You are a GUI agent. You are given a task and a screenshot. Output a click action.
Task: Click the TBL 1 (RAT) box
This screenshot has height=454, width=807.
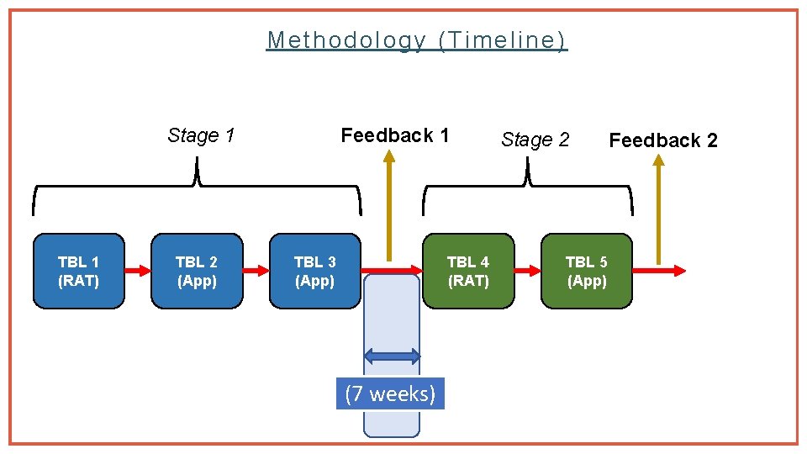[x=78, y=272]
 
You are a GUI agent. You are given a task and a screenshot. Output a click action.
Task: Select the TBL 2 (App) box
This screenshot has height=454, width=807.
[x=197, y=272]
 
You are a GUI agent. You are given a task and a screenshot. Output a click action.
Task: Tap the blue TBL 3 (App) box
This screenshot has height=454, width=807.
[x=314, y=272]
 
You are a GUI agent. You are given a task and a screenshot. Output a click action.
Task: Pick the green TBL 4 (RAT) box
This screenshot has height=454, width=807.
[x=468, y=272]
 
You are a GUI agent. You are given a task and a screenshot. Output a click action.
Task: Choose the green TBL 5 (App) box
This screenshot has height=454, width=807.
[x=586, y=272]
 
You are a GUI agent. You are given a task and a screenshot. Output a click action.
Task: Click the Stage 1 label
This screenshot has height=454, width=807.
[x=201, y=135]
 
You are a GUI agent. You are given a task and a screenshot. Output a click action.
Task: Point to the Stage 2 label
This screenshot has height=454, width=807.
[x=535, y=140]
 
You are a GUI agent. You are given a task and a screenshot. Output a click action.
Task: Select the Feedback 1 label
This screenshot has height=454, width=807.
[x=394, y=135]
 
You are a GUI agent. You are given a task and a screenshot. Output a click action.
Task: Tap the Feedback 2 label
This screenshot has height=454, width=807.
[x=663, y=140]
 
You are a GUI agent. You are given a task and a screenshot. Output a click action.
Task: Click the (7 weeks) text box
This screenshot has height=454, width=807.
[x=390, y=393]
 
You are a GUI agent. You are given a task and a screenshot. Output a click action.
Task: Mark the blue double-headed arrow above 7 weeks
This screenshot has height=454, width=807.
[x=392, y=356]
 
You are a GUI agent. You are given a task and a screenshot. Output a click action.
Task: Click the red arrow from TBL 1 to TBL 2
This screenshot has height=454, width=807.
[x=137, y=271]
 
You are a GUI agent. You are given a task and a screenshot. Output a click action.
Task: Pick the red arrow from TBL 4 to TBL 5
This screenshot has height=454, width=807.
[x=527, y=271]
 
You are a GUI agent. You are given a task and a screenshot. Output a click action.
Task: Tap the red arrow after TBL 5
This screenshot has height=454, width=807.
[x=658, y=271]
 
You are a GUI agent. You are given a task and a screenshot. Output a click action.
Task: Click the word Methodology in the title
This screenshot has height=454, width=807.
[x=346, y=40]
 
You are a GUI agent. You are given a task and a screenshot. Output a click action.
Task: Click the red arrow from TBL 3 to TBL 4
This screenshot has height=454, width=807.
[x=392, y=271]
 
